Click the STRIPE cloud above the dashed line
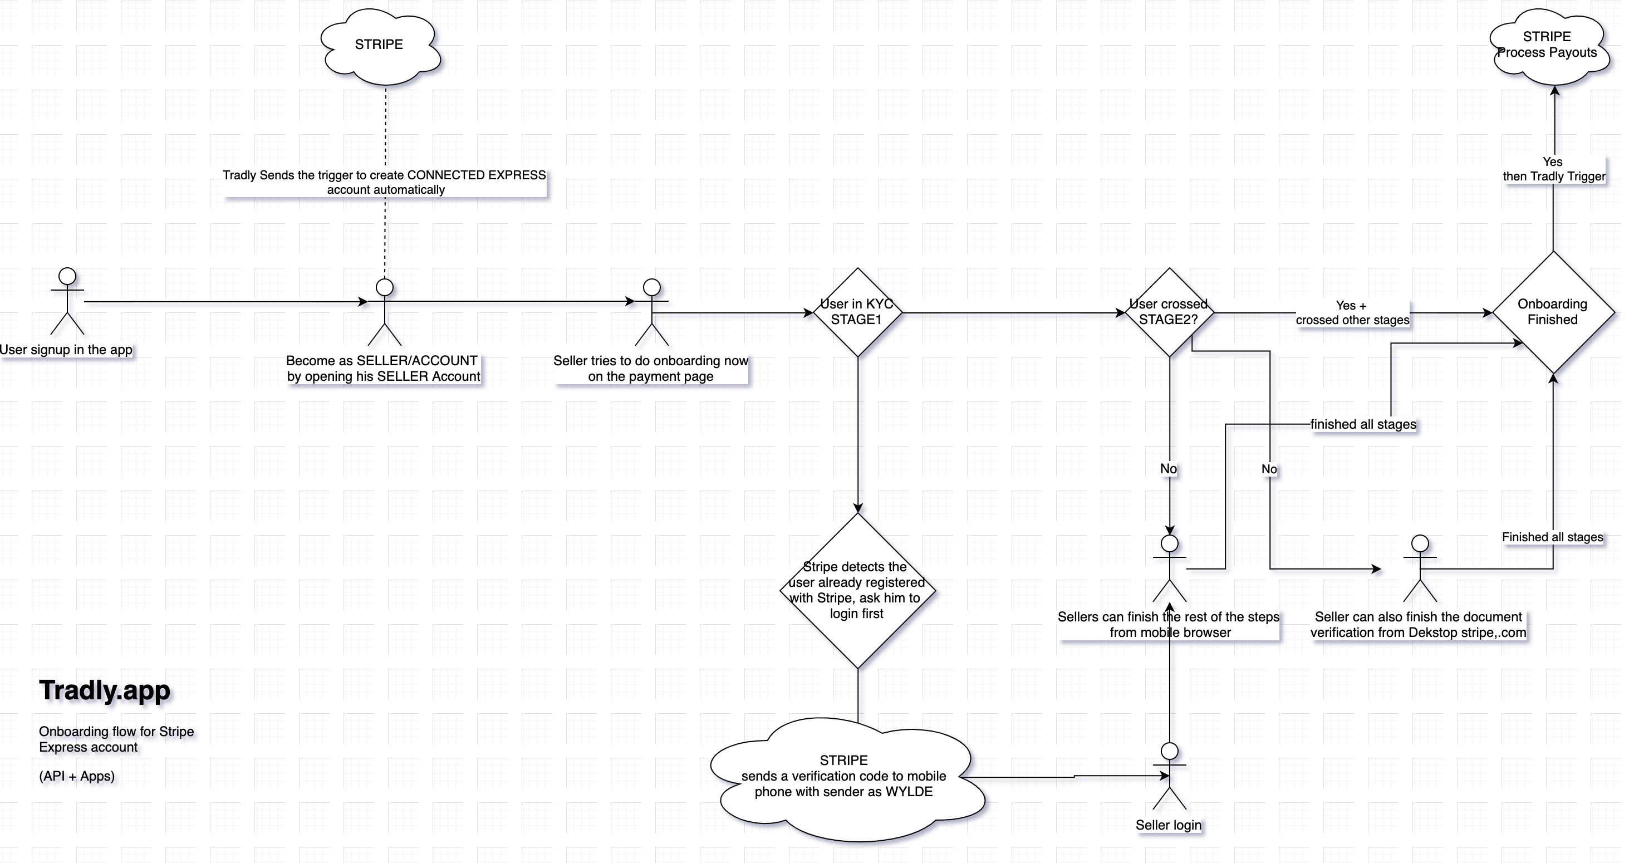tap(380, 46)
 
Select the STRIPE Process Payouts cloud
tap(1547, 46)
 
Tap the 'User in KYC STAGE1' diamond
tap(857, 312)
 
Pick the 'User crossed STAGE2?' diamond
tap(1169, 312)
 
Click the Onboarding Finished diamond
tap(1553, 312)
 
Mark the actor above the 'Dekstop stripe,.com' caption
tap(1420, 568)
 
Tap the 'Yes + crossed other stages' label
tap(1352, 313)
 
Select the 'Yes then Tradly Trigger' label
tap(1554, 169)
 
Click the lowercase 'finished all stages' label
tap(1363, 424)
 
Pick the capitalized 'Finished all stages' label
tap(1553, 537)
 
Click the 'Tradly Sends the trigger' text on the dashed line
tap(385, 182)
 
